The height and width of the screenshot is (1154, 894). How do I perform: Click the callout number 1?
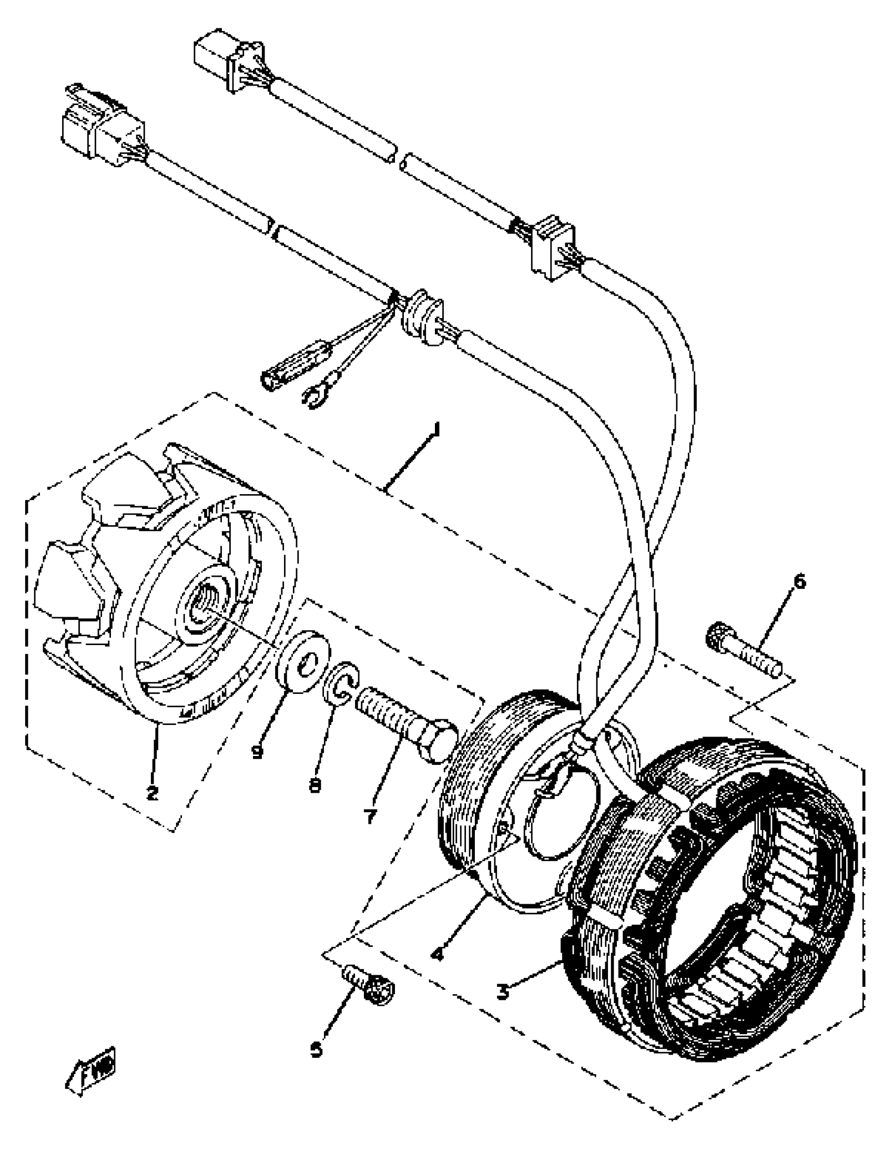(x=435, y=428)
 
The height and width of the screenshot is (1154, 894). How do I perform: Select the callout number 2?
(x=152, y=793)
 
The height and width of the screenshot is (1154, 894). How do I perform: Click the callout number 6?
(x=799, y=583)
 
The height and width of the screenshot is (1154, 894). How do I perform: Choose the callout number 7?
(x=370, y=816)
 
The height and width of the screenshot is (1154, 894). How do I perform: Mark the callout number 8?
(x=315, y=785)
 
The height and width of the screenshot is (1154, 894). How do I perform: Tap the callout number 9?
(x=258, y=751)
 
